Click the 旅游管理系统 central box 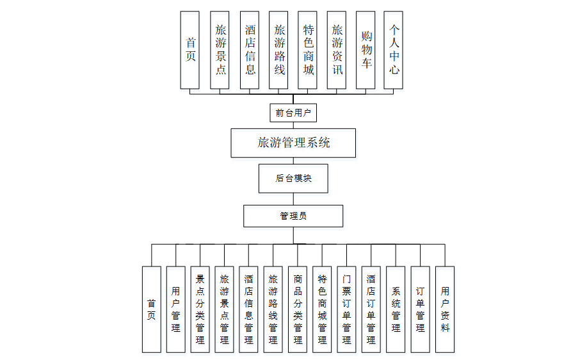click(293, 143)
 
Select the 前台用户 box click(293, 113)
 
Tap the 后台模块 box click(293, 178)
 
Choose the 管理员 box click(293, 216)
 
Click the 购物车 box click(366, 50)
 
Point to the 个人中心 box click(394, 50)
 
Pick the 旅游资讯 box click(337, 50)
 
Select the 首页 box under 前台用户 click(190, 50)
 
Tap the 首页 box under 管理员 click(152, 309)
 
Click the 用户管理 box click(176, 309)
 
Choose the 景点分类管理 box click(200, 309)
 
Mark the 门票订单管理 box click(346, 309)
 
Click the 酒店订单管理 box click(371, 309)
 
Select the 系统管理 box click(396, 309)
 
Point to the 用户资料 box click(445, 309)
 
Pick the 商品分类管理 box click(298, 309)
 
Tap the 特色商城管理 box click(322, 309)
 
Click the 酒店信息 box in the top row click(250, 50)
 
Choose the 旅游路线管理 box click(273, 309)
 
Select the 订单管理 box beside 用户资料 click(420, 309)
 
